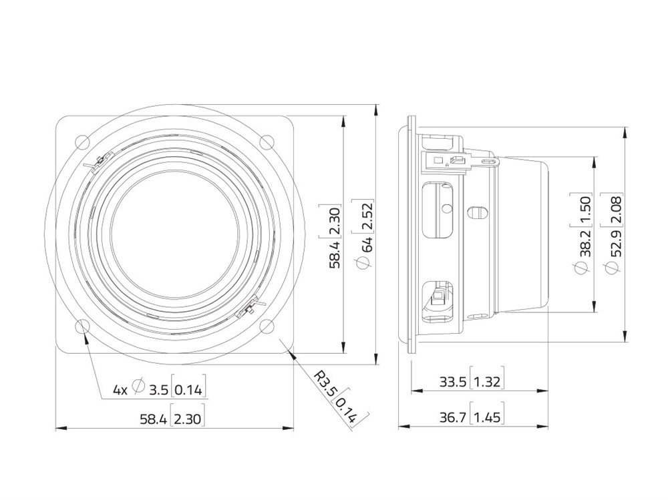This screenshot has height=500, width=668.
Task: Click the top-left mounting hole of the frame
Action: [82, 142]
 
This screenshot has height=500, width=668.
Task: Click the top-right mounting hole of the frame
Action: [268, 142]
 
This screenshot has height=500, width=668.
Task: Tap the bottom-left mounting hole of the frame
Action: [82, 326]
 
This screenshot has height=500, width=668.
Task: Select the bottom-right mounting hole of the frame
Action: [268, 326]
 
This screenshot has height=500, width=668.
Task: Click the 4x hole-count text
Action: [120, 390]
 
